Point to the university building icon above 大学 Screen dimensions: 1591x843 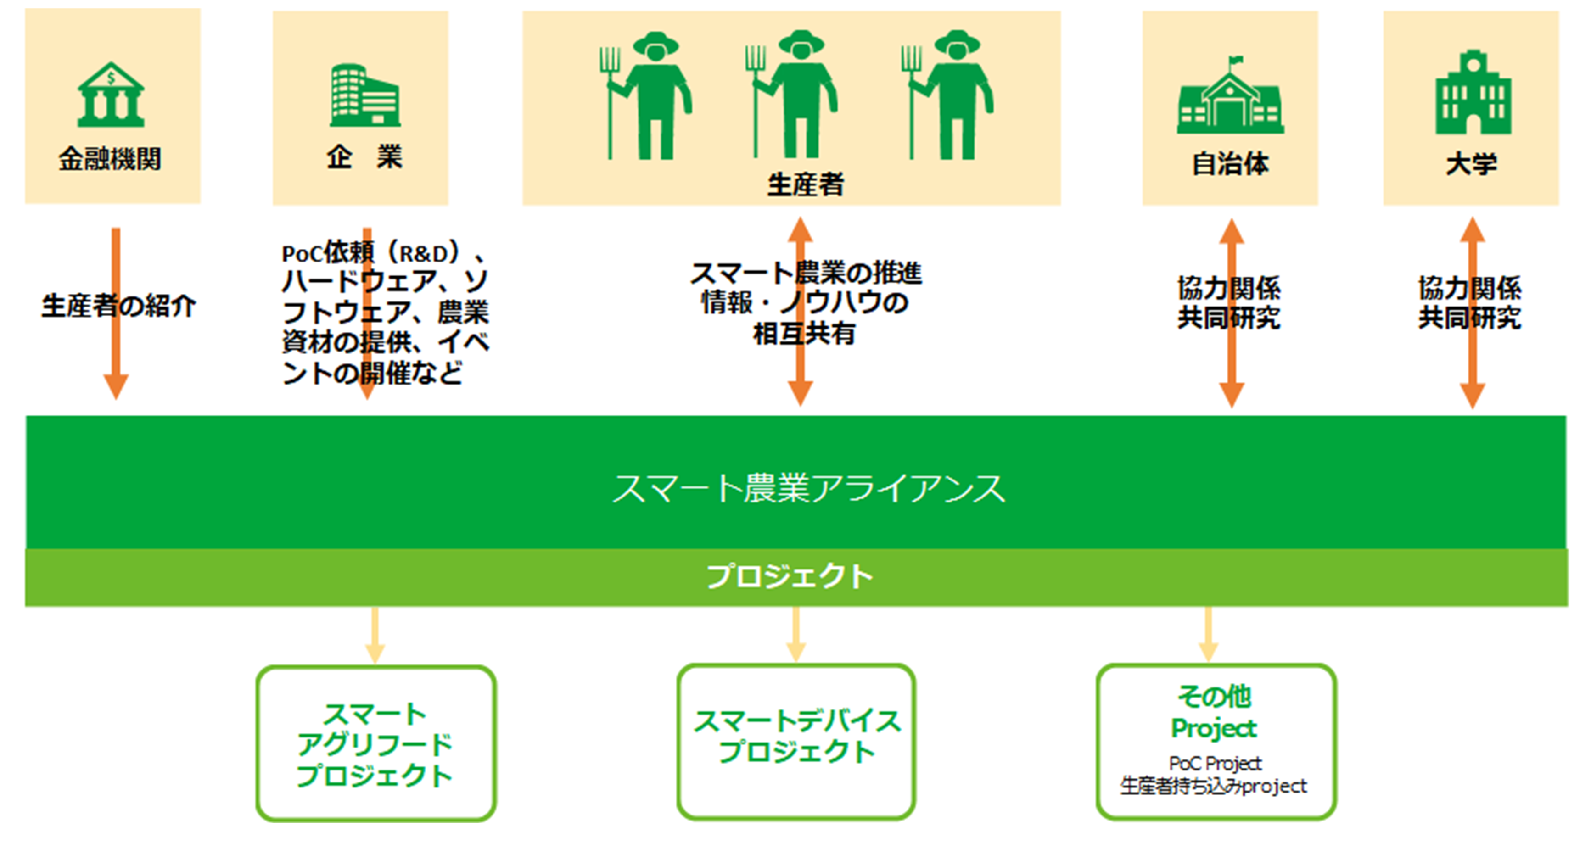[x=1473, y=93]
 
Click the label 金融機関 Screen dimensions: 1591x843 [x=110, y=159]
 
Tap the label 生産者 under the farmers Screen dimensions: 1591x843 [x=806, y=184]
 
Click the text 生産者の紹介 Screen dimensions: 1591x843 [x=118, y=306]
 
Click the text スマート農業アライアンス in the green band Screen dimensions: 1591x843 [x=808, y=489]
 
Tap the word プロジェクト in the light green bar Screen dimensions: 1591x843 [x=790, y=576]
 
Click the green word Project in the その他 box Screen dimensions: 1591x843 [x=1214, y=729]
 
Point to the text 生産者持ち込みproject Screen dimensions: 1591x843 [x=1214, y=786]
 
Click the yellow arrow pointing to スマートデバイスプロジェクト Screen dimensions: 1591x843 [x=795, y=634]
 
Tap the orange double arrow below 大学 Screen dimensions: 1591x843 [x=1473, y=313]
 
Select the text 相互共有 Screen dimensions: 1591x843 [x=804, y=334]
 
